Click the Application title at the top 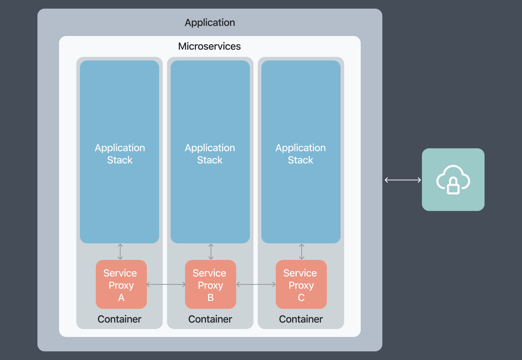point(210,22)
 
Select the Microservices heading point(209,46)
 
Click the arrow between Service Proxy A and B point(166,284)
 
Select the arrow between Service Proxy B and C point(256,284)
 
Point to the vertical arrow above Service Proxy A point(120,252)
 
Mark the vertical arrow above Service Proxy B point(211,252)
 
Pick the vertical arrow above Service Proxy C point(302,252)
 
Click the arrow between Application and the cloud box point(402,180)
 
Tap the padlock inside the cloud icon point(453,186)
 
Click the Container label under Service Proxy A point(119,319)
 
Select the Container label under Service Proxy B point(210,319)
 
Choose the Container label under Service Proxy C point(301,319)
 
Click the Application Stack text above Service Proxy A point(120,154)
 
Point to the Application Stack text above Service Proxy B point(210,154)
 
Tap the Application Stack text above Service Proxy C point(301,154)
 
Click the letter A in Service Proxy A point(121,298)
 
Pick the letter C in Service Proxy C point(301,298)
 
